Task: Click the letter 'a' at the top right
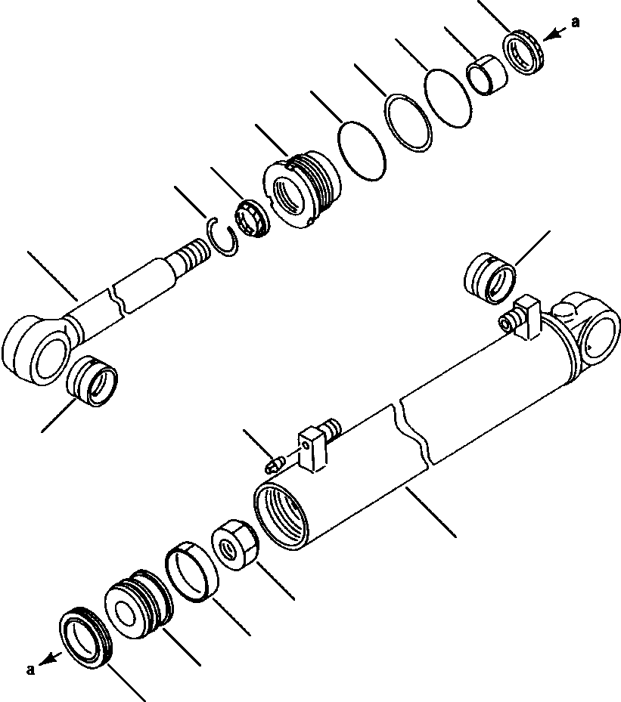[576, 23]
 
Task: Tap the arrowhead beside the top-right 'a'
[553, 33]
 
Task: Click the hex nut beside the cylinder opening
[235, 545]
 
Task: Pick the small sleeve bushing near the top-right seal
[485, 74]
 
